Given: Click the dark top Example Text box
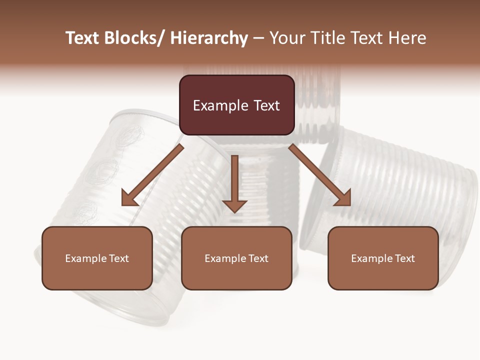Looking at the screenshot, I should point(236,105).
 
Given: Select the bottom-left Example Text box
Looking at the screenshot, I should point(97,258).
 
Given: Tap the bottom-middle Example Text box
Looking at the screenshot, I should point(236,258).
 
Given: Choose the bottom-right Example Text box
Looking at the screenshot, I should point(383,258).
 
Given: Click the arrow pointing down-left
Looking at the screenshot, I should point(152,175).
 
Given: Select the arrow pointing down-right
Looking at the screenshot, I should point(320,175).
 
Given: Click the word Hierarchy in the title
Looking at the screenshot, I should point(209,38).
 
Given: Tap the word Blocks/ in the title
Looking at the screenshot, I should point(135,38).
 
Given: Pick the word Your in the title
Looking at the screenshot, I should point(287,38).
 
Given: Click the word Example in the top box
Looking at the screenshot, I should point(220,105).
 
